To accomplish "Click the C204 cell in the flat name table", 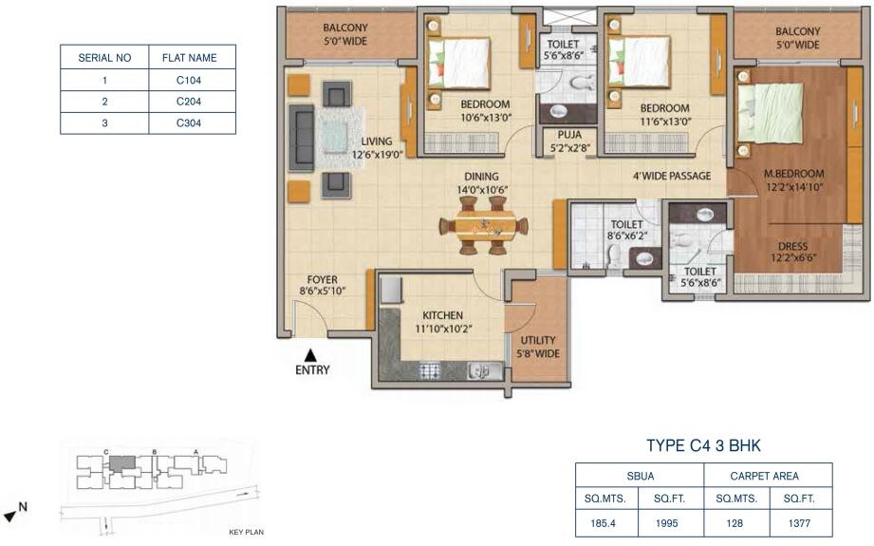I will pyautogui.click(x=192, y=101).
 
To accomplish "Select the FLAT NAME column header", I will pyautogui.click(x=192, y=57).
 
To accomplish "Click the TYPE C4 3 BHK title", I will pyautogui.click(x=703, y=445).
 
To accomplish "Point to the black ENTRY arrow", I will pyautogui.click(x=309, y=355).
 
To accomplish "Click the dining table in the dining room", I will pyautogui.click(x=484, y=227).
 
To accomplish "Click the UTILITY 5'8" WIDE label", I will pyautogui.click(x=537, y=347).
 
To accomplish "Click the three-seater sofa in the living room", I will pyautogui.click(x=303, y=139).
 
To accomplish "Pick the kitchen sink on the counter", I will pyautogui.click(x=479, y=370).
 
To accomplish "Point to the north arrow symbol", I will pyautogui.click(x=11, y=514).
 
